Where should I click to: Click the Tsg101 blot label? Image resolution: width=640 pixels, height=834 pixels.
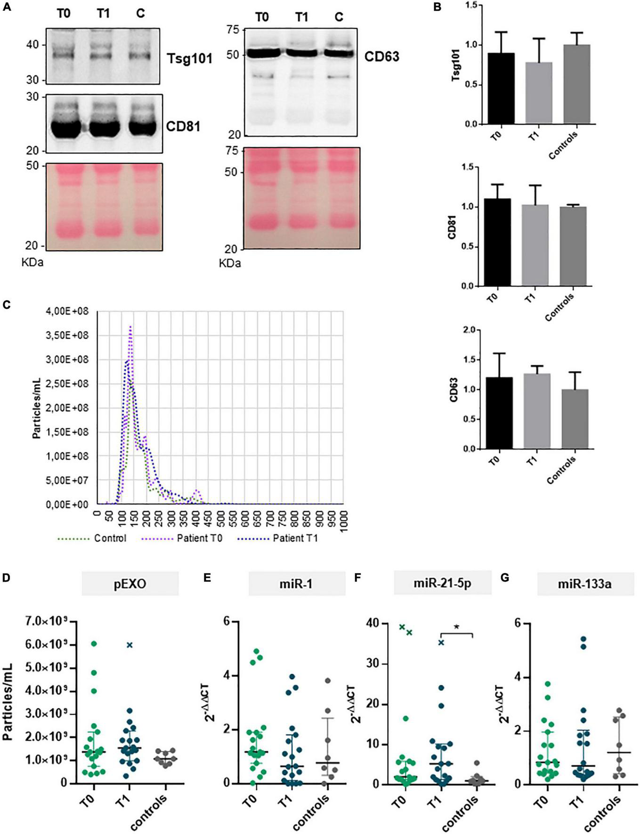coord(189,59)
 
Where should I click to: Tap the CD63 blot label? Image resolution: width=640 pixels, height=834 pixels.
coord(381,56)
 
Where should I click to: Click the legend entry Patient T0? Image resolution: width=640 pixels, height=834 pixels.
coord(199,538)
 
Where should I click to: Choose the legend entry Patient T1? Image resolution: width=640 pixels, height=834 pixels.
coord(295,538)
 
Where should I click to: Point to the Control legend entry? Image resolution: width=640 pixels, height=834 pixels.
coord(110,538)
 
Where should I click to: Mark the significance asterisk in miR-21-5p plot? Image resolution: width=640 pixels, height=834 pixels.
coord(456,627)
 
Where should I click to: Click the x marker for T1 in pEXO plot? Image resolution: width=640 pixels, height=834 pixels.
coord(130,645)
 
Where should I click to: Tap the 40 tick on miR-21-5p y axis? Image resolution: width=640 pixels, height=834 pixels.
coord(373,623)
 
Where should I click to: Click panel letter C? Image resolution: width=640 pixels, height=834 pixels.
coord(6,305)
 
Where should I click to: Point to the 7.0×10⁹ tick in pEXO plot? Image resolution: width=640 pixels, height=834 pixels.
coord(49,622)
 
